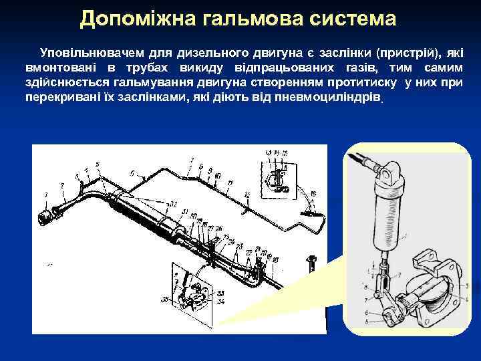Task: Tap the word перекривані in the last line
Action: [59, 96]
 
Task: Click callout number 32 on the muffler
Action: [173, 204]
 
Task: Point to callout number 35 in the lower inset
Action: [164, 299]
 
